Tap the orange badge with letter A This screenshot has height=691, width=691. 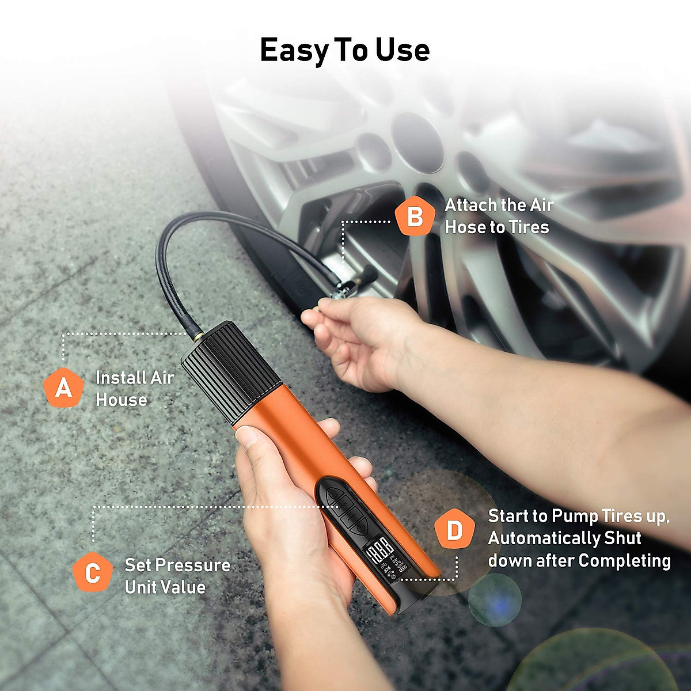point(63,388)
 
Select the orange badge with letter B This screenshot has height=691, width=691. point(414,217)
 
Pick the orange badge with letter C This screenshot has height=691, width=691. point(92,573)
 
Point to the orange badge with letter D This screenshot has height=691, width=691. point(454,530)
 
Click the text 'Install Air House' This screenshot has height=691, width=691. point(134,389)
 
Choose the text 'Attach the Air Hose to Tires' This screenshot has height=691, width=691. point(498,216)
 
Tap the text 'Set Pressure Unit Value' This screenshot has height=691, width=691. point(177,576)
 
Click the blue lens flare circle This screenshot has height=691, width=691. point(494,600)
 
